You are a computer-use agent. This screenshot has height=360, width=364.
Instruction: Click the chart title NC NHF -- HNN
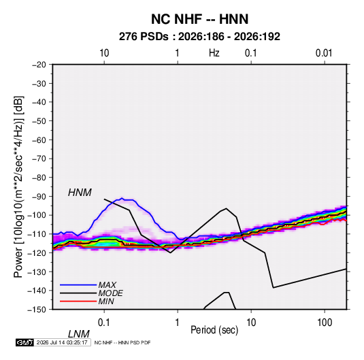pyautogui.click(x=199, y=19)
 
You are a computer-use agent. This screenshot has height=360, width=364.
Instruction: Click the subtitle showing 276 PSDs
pyautogui.click(x=199, y=37)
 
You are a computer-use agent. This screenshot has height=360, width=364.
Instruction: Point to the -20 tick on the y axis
pyautogui.click(x=39, y=65)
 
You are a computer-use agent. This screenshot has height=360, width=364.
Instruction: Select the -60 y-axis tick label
pyautogui.click(x=39, y=140)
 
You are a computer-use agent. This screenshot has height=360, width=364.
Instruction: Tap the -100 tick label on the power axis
pyautogui.click(x=37, y=215)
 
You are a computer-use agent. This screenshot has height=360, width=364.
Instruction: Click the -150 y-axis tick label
pyautogui.click(x=37, y=310)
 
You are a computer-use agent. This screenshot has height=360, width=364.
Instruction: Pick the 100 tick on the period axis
pyautogui.click(x=324, y=323)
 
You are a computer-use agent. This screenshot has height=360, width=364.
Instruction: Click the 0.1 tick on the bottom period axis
pyautogui.click(x=104, y=323)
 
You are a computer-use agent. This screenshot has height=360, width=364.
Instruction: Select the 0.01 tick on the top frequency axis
pyautogui.click(x=324, y=53)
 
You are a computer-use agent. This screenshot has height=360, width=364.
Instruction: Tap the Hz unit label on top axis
pyautogui.click(x=214, y=53)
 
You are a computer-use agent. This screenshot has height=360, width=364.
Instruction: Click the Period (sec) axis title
pyautogui.click(x=214, y=330)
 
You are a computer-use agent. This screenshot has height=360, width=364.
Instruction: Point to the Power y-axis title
pyautogui.click(x=18, y=187)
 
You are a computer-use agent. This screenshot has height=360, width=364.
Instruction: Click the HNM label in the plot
pyautogui.click(x=80, y=193)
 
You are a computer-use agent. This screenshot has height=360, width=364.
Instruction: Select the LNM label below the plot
pyautogui.click(x=79, y=334)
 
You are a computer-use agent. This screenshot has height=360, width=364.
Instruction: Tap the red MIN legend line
pyautogui.click(x=78, y=301)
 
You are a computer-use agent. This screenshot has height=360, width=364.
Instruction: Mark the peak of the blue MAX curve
pyautogui.click(x=122, y=198)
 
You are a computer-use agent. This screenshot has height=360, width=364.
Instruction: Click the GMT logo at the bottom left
pyautogui.click(x=24, y=342)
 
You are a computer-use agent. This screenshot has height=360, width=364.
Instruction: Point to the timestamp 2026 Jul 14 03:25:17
pyautogui.click(x=62, y=342)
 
